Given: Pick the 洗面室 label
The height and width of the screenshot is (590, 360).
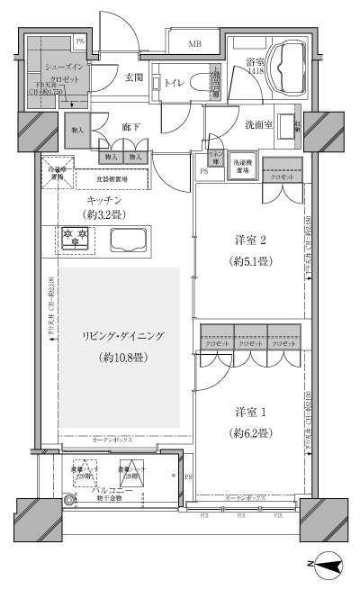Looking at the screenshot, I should [x=257, y=125].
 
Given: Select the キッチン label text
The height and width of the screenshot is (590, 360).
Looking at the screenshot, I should [x=105, y=199].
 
